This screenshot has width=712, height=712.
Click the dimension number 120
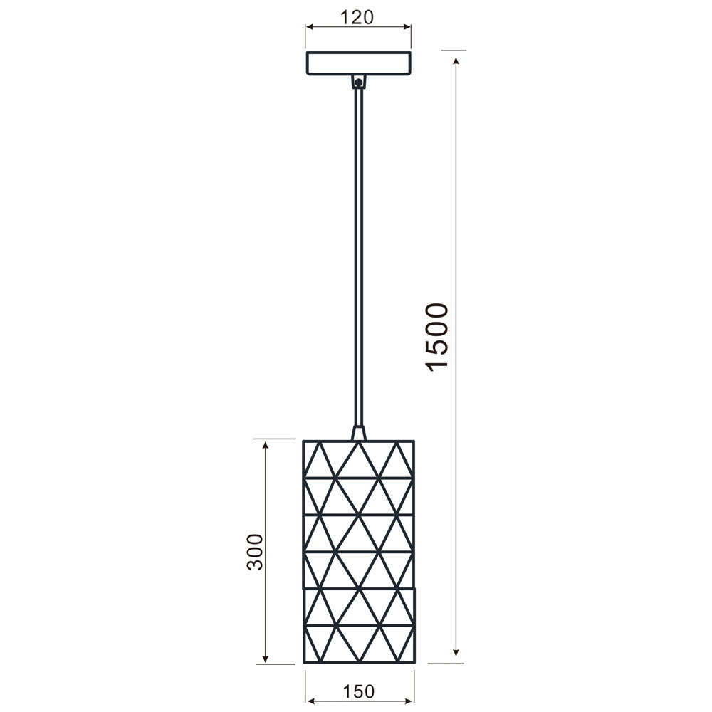click(358, 18)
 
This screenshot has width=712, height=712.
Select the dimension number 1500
click(436, 336)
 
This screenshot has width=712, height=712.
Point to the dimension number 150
click(358, 691)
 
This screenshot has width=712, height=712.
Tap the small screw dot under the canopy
click(358, 83)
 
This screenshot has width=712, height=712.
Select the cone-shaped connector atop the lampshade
click(358, 433)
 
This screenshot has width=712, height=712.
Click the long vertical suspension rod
click(358, 256)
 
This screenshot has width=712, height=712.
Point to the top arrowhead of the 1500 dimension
click(456, 56)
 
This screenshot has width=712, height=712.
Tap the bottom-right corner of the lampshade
click(414, 663)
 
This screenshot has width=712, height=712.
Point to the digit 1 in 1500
click(436, 363)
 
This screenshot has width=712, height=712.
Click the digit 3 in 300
click(255, 563)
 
